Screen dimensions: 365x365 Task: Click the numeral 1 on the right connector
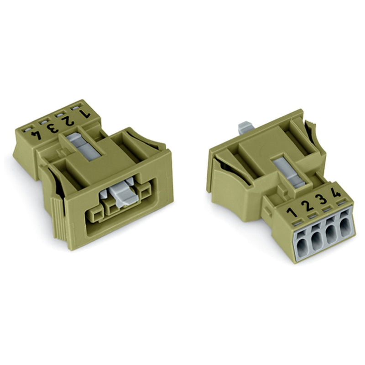292,212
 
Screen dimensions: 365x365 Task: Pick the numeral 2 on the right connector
307,205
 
